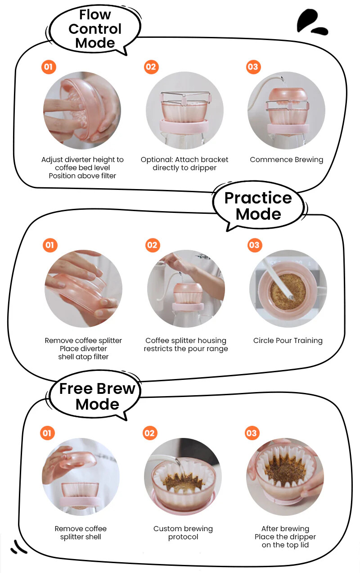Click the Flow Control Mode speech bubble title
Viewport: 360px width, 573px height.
[95, 29]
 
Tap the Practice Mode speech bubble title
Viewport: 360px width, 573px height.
[258, 206]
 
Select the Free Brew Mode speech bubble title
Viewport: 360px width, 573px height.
[97, 397]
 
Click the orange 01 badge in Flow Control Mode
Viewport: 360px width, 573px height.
[49, 67]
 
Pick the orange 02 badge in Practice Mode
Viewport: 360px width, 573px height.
[153, 245]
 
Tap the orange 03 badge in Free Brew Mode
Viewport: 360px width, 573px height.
[252, 433]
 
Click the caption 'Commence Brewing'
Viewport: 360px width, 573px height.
[287, 160]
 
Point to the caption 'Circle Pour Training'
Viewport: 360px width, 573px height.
[288, 340]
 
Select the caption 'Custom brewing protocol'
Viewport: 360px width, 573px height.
[183, 532]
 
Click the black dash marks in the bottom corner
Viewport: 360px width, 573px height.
[18, 547]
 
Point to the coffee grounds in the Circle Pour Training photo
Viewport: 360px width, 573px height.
[288, 292]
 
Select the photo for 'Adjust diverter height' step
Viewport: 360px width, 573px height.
[82, 110]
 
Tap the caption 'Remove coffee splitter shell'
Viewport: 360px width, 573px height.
[81, 532]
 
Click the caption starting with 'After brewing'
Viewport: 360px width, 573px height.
[285, 537]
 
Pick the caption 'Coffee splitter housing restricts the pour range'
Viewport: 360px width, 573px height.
[185, 345]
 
